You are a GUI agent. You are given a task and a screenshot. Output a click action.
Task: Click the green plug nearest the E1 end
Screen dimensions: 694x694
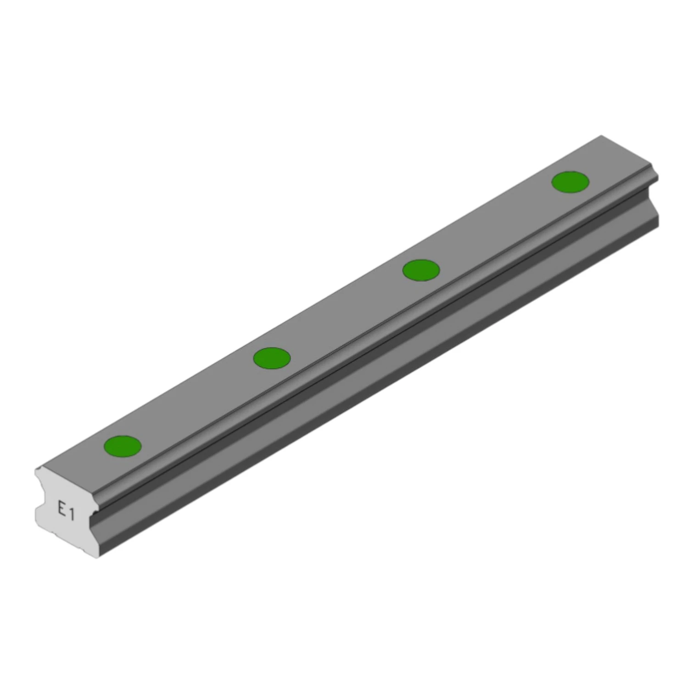(123, 446)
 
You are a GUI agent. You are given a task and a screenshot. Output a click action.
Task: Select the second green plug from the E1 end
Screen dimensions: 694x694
(272, 358)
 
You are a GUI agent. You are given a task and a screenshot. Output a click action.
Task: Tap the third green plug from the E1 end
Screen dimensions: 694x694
(421, 270)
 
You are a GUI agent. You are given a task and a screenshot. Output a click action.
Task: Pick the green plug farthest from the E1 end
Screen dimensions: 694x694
(570, 182)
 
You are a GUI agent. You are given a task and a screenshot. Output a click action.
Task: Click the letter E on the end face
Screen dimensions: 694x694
(61, 508)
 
